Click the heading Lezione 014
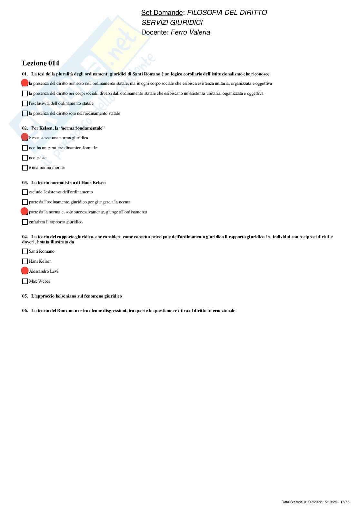point(41,63)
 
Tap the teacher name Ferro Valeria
point(190,32)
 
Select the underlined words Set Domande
point(162,13)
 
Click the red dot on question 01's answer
point(25,83)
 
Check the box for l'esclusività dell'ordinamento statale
point(25,103)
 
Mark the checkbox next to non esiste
point(25,158)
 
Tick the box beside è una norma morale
point(25,168)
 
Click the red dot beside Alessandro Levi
point(25,271)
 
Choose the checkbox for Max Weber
point(25,281)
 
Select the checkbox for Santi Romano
point(25,251)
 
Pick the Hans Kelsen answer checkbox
point(25,261)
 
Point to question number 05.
point(25,296)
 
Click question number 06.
point(25,311)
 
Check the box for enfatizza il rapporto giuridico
point(25,222)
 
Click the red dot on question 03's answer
point(25,211)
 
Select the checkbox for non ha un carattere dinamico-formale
point(25,148)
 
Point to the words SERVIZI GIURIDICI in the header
point(172,23)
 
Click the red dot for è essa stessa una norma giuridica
point(25,137)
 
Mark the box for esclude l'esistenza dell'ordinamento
point(25,192)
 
